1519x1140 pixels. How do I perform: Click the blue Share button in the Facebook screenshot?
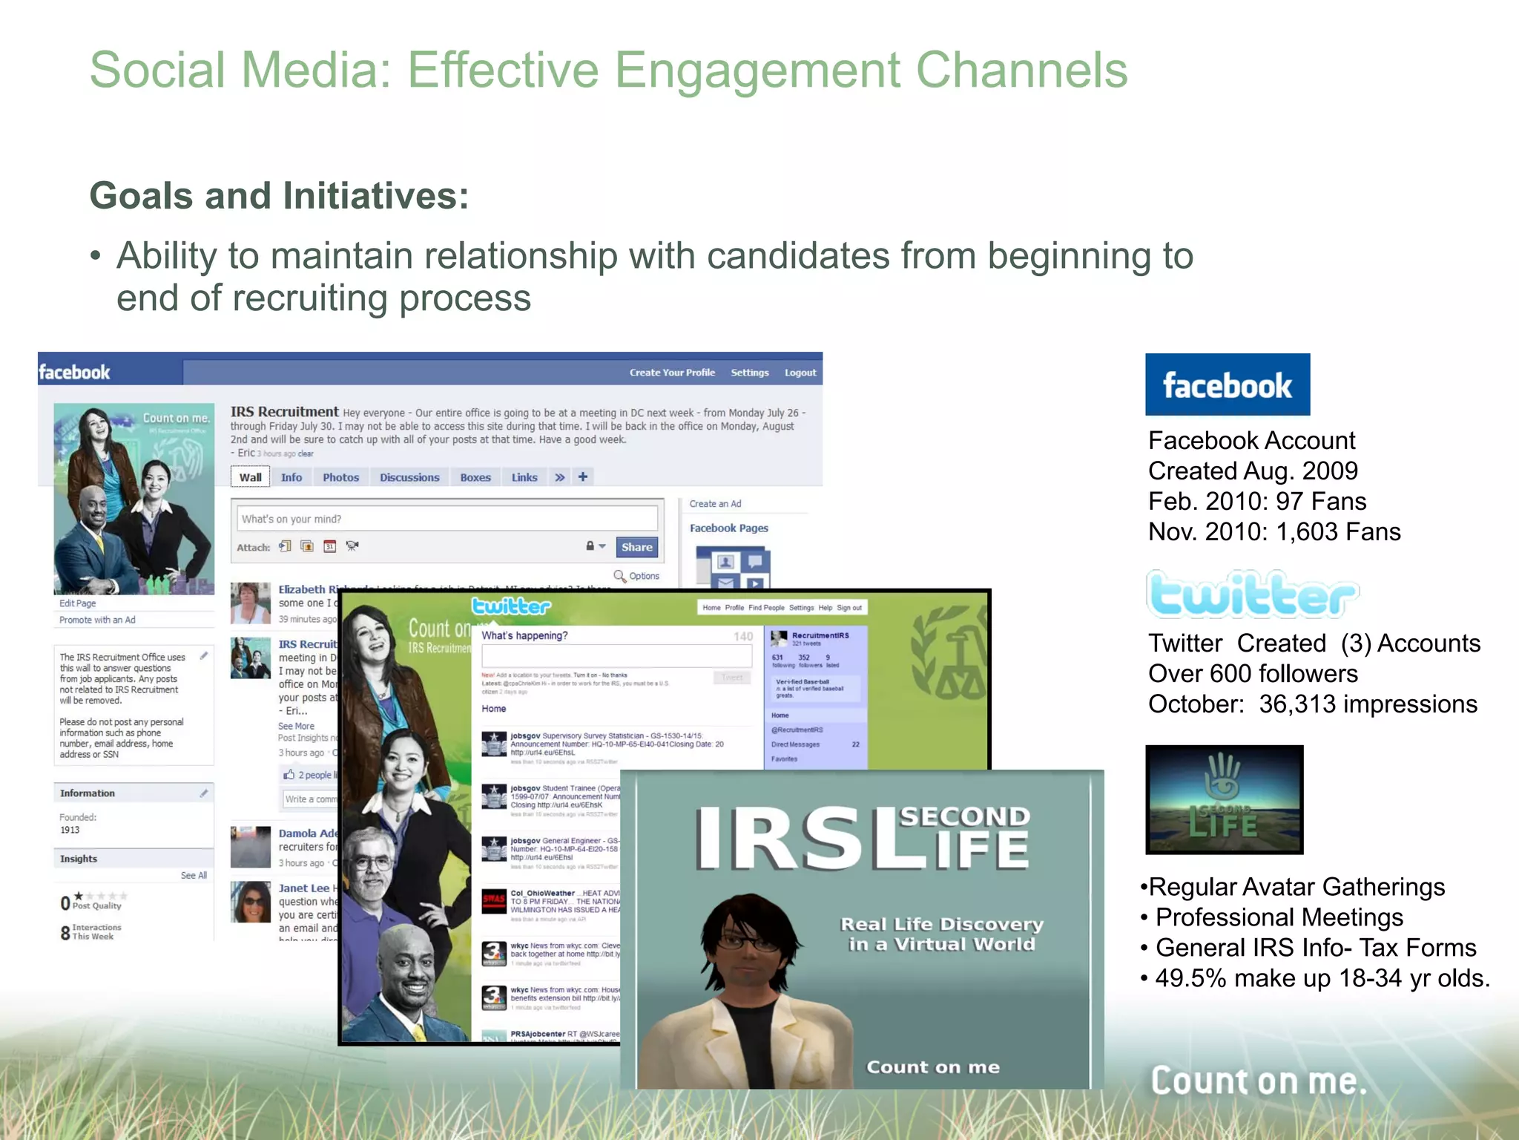point(636,547)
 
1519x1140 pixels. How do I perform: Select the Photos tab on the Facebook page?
point(340,477)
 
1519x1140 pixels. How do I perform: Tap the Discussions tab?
point(409,477)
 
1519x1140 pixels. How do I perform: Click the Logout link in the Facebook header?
point(800,373)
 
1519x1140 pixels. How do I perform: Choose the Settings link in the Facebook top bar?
point(749,373)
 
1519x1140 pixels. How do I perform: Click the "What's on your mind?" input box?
point(447,519)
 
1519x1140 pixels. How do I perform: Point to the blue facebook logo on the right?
point(1227,384)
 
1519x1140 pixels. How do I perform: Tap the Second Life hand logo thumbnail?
point(1224,799)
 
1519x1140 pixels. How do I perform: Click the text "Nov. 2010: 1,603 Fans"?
point(1273,531)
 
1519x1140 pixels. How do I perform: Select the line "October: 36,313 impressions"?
point(1312,704)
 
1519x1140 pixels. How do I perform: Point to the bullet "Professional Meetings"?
point(1279,917)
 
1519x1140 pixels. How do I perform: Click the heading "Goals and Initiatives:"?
point(279,196)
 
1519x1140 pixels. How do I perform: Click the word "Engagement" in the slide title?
point(757,71)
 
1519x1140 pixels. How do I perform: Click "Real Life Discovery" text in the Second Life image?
point(941,925)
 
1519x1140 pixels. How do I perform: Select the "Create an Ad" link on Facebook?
point(715,503)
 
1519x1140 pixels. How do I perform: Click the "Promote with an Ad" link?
point(97,620)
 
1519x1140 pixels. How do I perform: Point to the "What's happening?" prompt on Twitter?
point(524,635)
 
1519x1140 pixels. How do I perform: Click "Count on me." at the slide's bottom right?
point(1258,1081)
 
